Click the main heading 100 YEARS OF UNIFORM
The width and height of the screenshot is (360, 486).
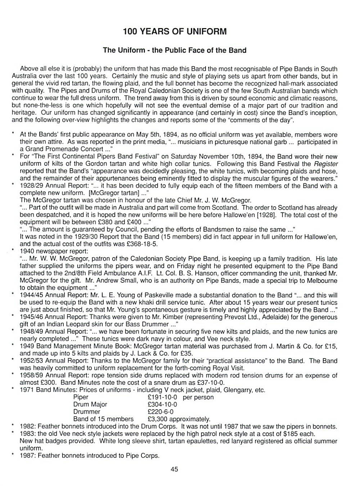pos(175,31)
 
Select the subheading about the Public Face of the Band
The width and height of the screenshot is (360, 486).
pos(175,50)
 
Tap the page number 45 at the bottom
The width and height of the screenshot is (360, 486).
pos(174,469)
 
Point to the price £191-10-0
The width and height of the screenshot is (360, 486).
pos(162,397)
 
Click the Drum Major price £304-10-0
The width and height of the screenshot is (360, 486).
pos(162,404)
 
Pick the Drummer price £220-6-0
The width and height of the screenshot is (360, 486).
pos(161,411)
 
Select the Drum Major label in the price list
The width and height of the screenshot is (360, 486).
pos(90,404)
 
